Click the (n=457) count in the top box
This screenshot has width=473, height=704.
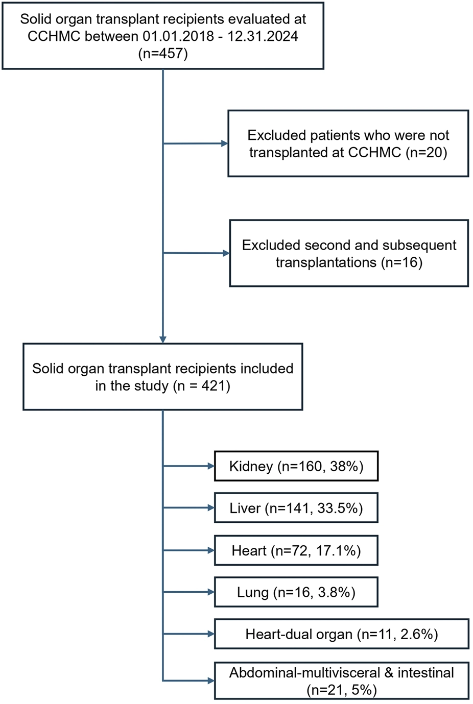[x=163, y=54]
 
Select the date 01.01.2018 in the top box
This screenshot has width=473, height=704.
[x=178, y=36]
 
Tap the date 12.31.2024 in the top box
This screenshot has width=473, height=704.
[x=263, y=36]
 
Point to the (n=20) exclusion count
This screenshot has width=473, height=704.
[x=426, y=153]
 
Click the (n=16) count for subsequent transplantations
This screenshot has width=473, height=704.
[x=401, y=262]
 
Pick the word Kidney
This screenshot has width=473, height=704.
[x=251, y=467]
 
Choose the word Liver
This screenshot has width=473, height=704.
[x=245, y=508]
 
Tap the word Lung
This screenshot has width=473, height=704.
[x=253, y=593]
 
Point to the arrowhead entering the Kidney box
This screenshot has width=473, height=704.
[x=211, y=466]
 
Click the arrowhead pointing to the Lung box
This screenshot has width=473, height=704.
[x=211, y=592]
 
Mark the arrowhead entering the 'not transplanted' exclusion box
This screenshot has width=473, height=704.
[x=225, y=143]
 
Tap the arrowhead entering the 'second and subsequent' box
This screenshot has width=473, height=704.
[x=226, y=253]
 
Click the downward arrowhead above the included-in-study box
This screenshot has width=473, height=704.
[x=163, y=339]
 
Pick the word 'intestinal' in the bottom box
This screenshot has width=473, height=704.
[x=426, y=673]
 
